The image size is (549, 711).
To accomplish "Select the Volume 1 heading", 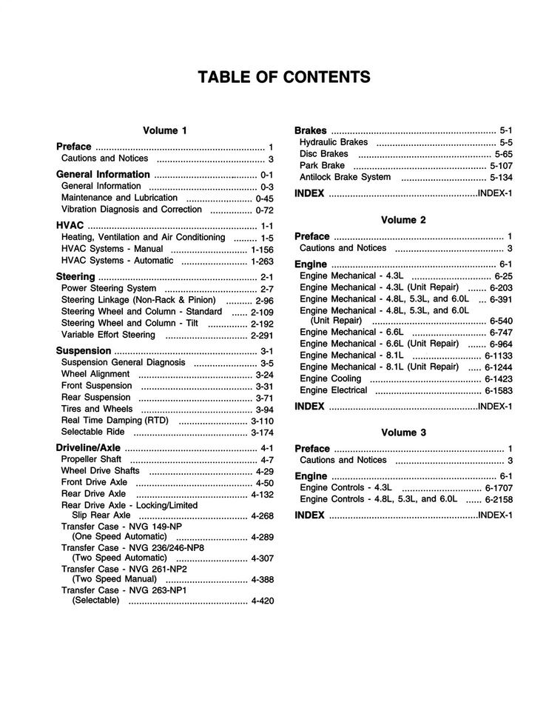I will (165, 130).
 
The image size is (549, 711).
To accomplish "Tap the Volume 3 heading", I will (403, 433).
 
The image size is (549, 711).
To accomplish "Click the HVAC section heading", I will (70, 226).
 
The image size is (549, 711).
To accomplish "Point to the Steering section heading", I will (75, 277).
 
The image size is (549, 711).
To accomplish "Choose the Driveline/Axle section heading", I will (88, 448).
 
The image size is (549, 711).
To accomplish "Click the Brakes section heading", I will (311, 130).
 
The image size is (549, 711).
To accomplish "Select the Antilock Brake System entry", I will (345, 177).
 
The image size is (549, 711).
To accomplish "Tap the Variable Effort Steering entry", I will (108, 335).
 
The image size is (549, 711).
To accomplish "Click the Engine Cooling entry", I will (331, 378).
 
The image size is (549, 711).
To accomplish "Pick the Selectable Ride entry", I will (92, 432).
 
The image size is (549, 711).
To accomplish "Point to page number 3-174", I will (262, 433).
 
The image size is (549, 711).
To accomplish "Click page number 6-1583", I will (499, 390).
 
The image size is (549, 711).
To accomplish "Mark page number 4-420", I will (262, 601).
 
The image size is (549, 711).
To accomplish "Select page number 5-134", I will (501, 178).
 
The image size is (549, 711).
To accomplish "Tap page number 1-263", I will (262, 261).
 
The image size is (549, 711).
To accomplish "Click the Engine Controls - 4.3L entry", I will (346, 488).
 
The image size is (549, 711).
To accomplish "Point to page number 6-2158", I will (499, 500).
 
